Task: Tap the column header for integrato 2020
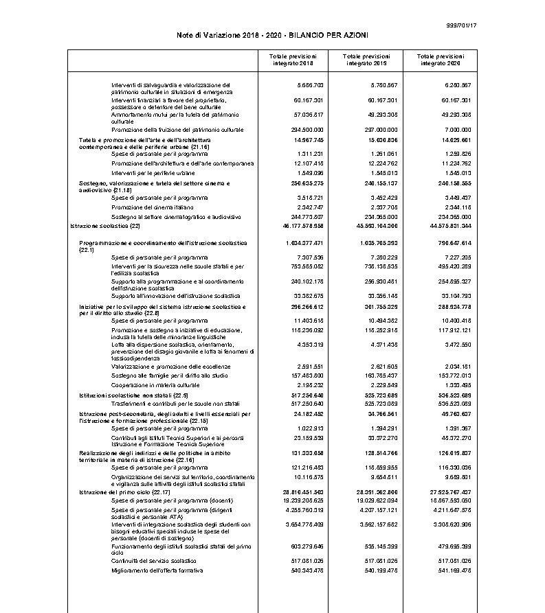(x=441, y=60)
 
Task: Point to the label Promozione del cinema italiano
(x=152, y=207)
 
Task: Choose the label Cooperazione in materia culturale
(x=155, y=386)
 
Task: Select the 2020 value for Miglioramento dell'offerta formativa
(x=454, y=571)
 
